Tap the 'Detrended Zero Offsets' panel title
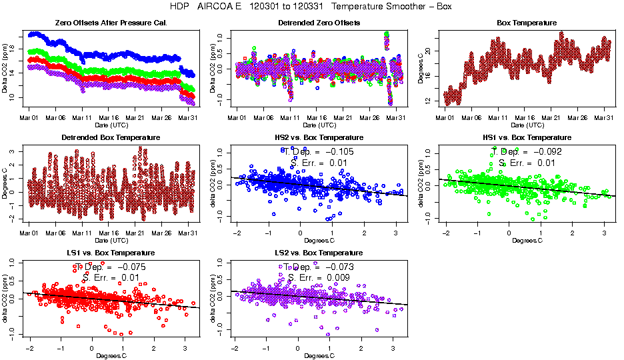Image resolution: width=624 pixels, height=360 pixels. (319, 23)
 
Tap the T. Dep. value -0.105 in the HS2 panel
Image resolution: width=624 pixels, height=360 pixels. (338, 152)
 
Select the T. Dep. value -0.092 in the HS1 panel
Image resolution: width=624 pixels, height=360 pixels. (546, 151)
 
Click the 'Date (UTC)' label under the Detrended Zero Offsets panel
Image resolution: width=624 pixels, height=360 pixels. (319, 125)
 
